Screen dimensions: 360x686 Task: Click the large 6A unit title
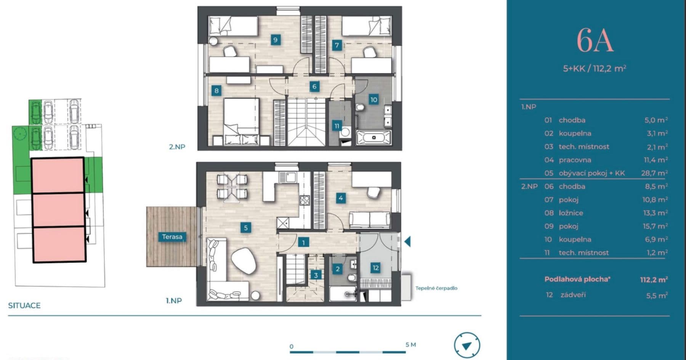(595, 40)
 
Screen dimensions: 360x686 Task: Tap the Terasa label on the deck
(172, 237)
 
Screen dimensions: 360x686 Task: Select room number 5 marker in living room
(245, 228)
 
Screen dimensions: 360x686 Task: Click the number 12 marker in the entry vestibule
(375, 267)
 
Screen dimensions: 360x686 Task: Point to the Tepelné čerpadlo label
(436, 288)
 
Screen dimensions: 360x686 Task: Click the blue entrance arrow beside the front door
(407, 241)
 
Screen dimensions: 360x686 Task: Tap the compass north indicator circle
(467, 345)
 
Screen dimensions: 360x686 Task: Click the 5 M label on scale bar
(410, 344)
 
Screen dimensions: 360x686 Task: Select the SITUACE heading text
(24, 305)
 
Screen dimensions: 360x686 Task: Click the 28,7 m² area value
(654, 173)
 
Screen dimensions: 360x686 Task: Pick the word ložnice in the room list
(571, 213)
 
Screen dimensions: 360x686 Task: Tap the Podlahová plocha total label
(577, 279)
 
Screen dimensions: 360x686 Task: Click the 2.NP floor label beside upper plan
(177, 146)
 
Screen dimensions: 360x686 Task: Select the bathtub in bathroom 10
(374, 137)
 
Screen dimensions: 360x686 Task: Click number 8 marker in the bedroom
(216, 90)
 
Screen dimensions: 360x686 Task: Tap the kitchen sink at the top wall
(287, 177)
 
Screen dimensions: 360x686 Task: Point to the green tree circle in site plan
(19, 133)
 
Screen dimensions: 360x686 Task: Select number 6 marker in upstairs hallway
(314, 86)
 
